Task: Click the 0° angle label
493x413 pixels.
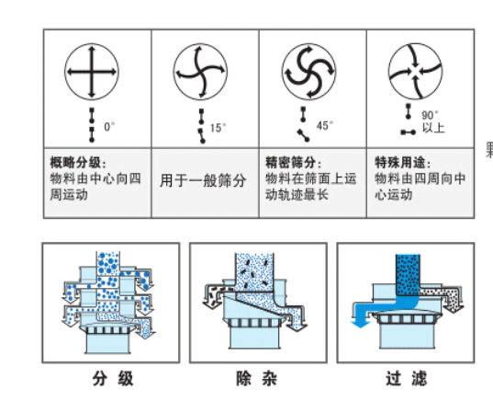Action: click(109, 127)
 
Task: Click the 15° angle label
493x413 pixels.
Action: click(218, 128)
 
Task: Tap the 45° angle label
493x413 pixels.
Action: click(325, 125)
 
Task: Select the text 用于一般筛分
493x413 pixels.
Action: click(203, 180)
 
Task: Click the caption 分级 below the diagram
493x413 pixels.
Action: click(113, 378)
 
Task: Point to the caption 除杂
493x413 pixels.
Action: click(256, 378)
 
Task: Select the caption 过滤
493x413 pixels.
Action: click(406, 378)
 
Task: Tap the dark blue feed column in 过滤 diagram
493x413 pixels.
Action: click(408, 275)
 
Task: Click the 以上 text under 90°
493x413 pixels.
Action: click(433, 128)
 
